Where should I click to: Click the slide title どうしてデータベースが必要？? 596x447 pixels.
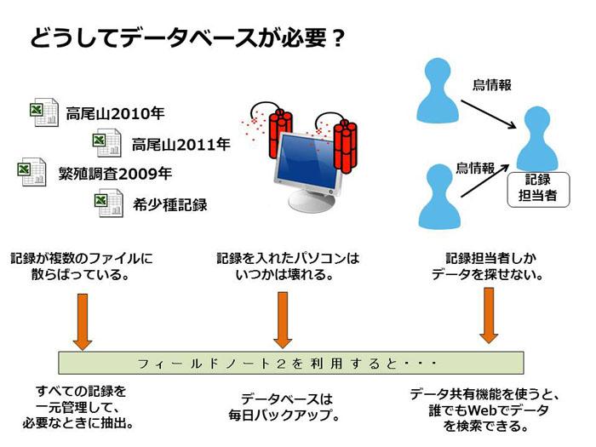point(188,38)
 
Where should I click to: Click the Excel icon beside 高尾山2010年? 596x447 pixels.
point(44,112)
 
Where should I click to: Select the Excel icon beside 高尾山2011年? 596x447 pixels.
point(106,143)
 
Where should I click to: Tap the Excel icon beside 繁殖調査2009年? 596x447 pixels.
point(32,172)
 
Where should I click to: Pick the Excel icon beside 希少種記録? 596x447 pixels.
point(109,203)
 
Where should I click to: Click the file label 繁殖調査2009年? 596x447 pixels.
point(115,174)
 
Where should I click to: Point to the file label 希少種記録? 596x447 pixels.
point(170,205)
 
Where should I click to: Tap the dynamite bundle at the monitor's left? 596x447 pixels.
point(280,134)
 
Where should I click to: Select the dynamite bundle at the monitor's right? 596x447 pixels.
point(345,146)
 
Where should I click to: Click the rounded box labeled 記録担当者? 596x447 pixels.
point(538,190)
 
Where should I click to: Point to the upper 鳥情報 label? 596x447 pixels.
point(492,85)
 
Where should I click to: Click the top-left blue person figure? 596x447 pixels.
point(438,90)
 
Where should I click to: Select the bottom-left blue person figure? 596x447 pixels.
point(439,196)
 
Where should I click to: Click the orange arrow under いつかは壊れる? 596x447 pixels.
point(283,320)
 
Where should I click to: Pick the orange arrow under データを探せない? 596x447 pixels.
point(489,316)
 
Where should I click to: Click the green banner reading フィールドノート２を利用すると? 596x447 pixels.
point(291,363)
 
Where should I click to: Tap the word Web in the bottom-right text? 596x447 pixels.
point(483,410)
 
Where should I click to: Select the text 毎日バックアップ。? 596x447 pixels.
point(284,415)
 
